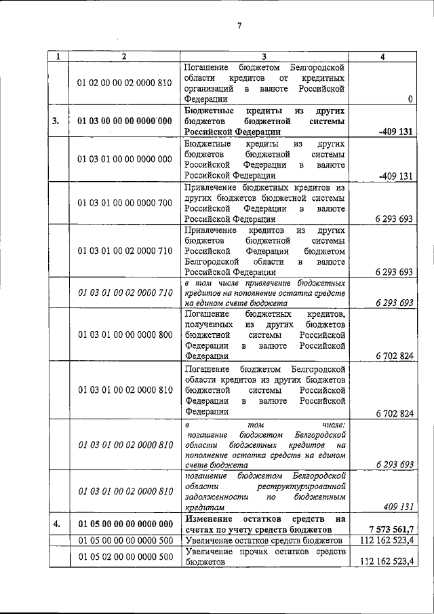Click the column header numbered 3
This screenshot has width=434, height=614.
coord(265,57)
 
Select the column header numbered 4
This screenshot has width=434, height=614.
coord(383,57)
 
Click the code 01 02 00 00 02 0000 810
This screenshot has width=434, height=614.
coord(125,83)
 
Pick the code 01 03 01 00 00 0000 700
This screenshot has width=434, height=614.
coord(125,203)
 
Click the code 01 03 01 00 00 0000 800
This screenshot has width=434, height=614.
coord(125,334)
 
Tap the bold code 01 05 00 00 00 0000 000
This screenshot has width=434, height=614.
coord(125,524)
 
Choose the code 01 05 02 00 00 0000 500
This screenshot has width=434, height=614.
coord(125,557)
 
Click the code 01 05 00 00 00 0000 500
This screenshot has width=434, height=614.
coord(125,540)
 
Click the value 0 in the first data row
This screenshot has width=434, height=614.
coord(411,100)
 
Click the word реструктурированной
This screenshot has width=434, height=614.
coord(302,487)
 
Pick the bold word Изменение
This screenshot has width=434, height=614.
coord(210,518)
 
